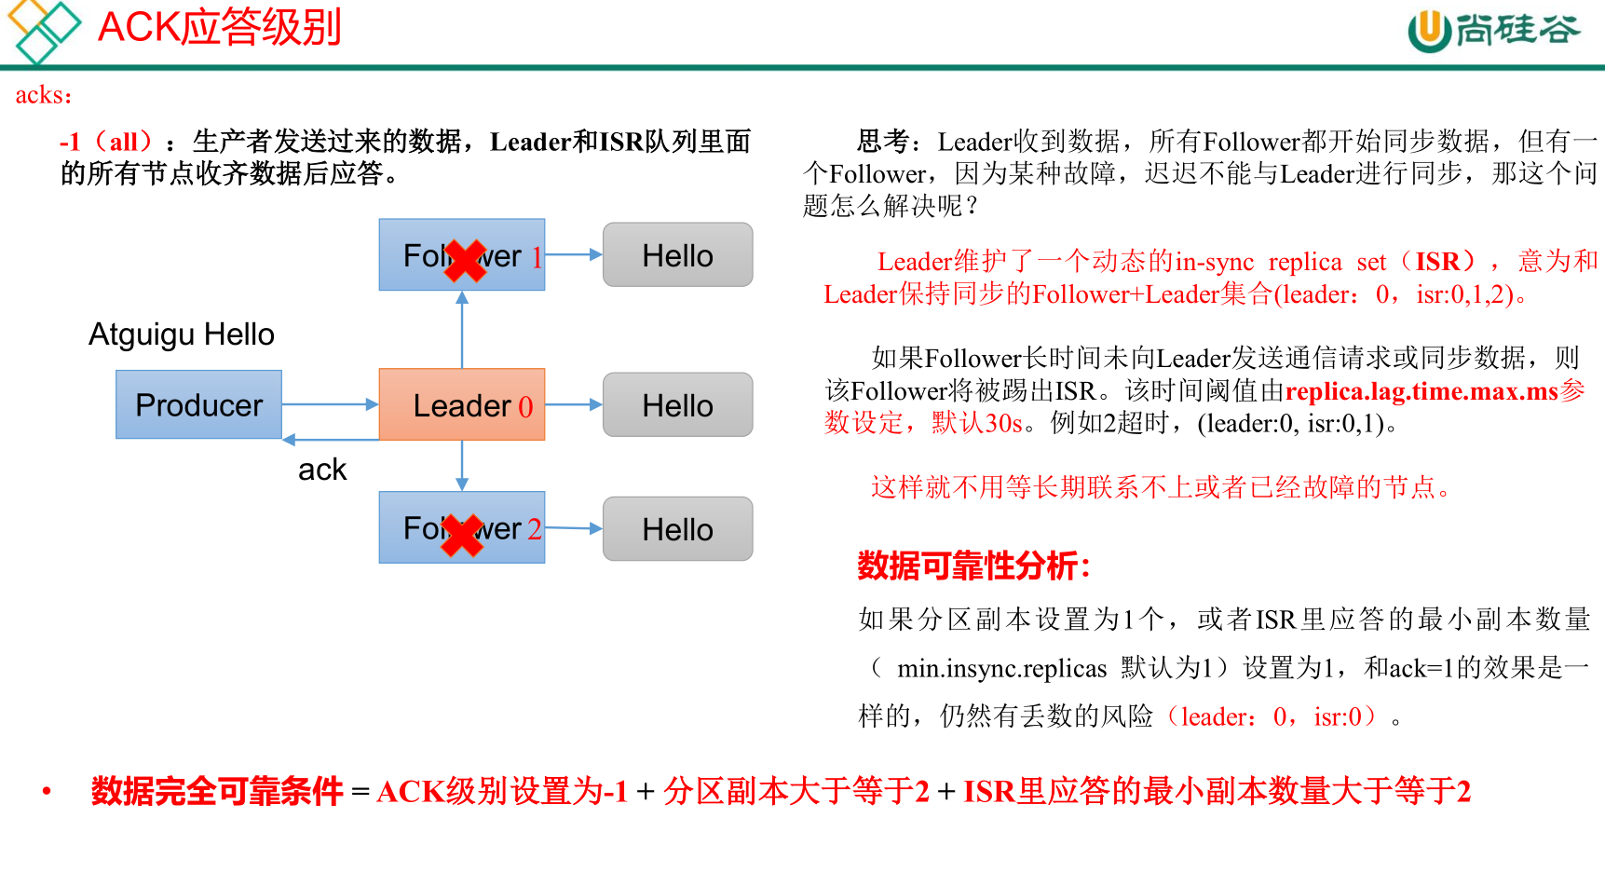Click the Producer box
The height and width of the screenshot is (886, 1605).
tap(198, 404)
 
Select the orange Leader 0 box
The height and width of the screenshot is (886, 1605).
tap(461, 404)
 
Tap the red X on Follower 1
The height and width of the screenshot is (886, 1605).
tap(464, 260)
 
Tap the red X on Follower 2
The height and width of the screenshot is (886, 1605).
tap(462, 535)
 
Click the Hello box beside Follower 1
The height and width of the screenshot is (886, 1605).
tap(677, 254)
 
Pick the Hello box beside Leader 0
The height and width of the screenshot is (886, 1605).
tap(677, 404)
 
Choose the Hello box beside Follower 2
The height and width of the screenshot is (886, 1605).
tap(677, 528)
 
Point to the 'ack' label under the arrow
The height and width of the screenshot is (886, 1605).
tap(322, 470)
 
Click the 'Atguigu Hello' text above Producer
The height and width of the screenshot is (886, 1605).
tap(182, 334)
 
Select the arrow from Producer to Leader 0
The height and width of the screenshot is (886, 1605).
tap(330, 404)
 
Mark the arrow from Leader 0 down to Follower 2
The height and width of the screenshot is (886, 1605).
tap(462, 465)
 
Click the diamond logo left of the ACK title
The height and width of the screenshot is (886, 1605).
tap(43, 30)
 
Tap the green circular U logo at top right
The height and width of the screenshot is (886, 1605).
tap(1429, 31)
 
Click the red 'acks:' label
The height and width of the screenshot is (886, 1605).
tap(43, 95)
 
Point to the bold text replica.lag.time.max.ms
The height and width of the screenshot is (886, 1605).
tap(1421, 391)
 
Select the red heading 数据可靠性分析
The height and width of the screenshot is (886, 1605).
tap(973, 566)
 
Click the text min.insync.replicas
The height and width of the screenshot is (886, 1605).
tap(1001, 668)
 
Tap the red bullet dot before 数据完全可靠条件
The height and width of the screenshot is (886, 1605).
tap(47, 792)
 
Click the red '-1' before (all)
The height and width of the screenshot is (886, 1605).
tap(70, 142)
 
